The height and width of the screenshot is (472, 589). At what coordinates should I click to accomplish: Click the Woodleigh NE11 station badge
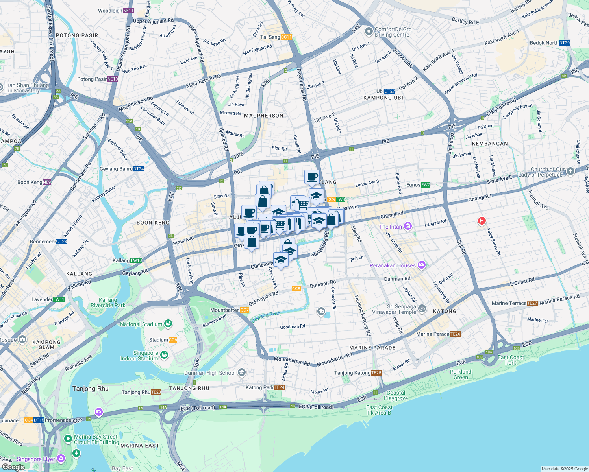(x=128, y=11)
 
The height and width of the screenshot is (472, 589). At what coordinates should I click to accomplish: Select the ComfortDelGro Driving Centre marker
(x=369, y=31)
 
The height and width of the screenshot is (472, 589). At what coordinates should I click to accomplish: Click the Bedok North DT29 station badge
(x=564, y=43)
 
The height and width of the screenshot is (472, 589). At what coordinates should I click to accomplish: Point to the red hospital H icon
(x=481, y=221)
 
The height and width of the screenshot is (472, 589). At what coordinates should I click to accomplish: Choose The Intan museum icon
(x=408, y=226)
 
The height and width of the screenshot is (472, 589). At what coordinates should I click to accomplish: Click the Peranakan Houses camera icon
(x=422, y=265)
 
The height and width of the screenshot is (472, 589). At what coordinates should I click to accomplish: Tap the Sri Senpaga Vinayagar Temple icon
(x=422, y=308)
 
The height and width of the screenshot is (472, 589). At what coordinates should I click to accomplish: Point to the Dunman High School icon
(x=242, y=372)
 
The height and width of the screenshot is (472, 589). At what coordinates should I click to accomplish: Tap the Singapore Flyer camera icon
(x=61, y=459)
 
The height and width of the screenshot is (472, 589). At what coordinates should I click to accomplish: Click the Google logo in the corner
(x=13, y=467)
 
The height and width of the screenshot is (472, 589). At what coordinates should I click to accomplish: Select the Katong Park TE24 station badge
(x=280, y=387)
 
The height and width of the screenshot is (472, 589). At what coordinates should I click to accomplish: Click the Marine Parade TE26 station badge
(x=455, y=334)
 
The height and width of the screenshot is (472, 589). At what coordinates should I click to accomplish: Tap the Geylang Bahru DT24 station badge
(x=139, y=169)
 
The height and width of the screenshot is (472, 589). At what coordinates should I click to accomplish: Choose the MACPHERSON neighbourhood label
(x=263, y=116)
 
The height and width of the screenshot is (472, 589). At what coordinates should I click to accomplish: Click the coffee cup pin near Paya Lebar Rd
(x=312, y=177)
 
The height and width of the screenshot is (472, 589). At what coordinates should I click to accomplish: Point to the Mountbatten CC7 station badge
(x=244, y=310)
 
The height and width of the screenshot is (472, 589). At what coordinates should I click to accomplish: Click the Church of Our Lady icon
(x=570, y=171)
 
